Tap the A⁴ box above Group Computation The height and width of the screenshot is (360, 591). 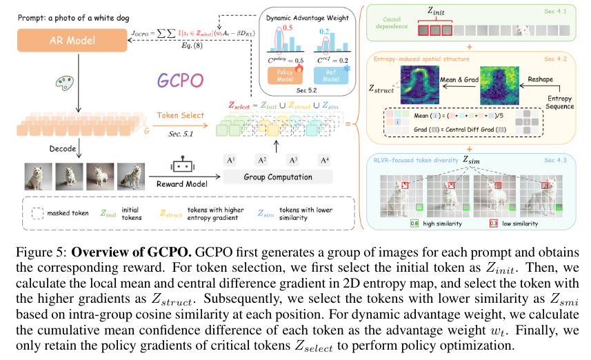(323, 160)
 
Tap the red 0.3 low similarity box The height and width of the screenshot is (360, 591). (493, 224)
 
